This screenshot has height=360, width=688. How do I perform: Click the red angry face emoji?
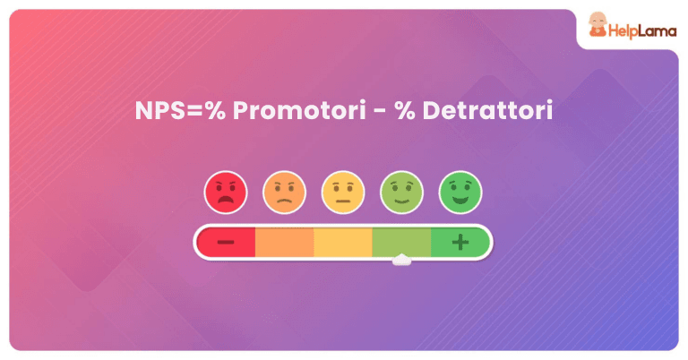226,193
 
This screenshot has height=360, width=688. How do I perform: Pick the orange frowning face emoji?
284,193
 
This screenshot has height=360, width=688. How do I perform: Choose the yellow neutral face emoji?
343,193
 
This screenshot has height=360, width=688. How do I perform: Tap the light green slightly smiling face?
402,193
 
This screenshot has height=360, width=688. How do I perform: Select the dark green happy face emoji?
460,193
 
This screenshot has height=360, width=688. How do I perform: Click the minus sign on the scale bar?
226,242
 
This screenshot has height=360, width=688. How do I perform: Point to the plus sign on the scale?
460,242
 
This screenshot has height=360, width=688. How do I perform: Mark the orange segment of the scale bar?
284,242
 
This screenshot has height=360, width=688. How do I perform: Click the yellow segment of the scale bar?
343,242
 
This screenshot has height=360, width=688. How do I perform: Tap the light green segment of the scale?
402,242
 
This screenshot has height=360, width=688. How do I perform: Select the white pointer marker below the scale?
402,261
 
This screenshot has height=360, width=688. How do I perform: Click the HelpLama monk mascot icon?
596,30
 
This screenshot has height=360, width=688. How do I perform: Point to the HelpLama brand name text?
640,30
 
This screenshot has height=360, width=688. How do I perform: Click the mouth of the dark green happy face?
460,200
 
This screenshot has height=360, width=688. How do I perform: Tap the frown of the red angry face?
226,201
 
